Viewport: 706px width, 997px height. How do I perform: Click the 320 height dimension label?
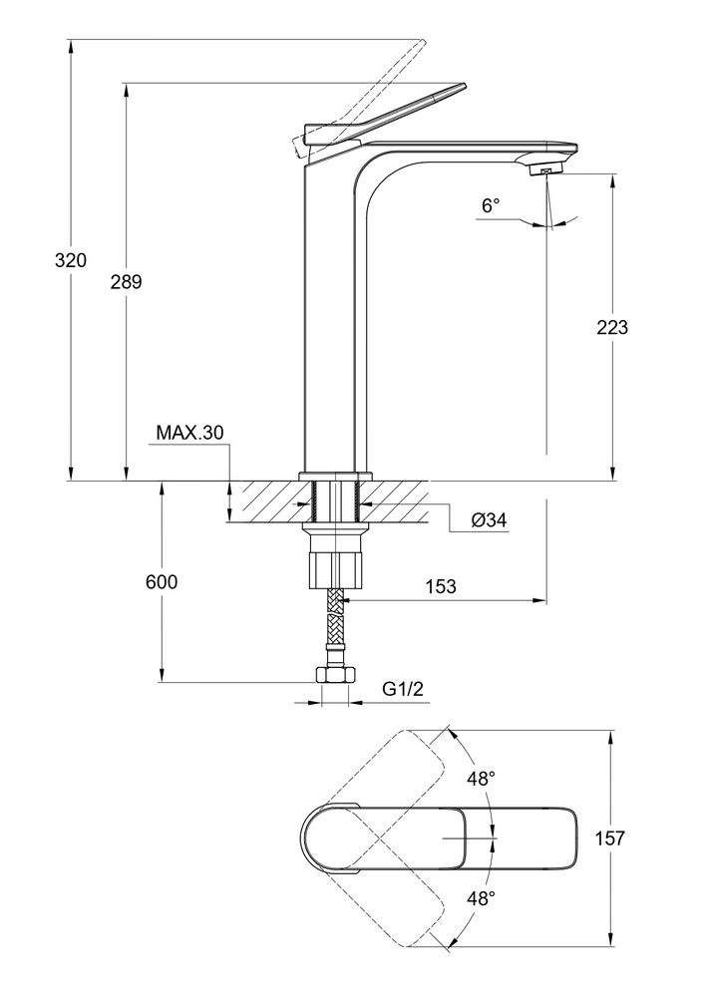click(x=71, y=261)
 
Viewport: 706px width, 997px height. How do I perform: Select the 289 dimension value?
click(x=126, y=282)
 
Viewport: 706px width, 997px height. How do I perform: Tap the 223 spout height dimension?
click(x=611, y=327)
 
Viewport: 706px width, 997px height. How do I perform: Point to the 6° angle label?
click(x=490, y=206)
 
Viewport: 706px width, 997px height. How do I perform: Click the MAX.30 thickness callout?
click(x=189, y=433)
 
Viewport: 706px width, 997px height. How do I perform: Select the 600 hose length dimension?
click(x=161, y=582)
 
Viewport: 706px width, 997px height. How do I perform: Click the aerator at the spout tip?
click(x=545, y=171)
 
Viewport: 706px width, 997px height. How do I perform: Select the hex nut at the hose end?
click(x=334, y=675)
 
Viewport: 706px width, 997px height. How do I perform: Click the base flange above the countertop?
click(x=334, y=476)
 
